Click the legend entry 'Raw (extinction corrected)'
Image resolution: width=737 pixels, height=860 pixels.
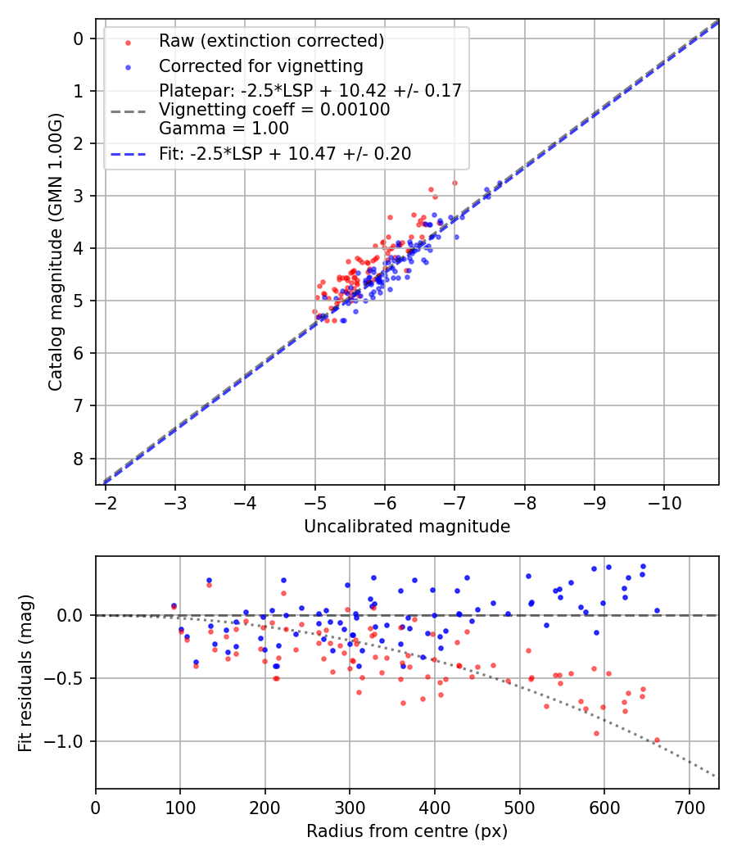(x=271, y=41)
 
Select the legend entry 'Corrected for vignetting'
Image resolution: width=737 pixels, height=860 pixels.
(x=260, y=66)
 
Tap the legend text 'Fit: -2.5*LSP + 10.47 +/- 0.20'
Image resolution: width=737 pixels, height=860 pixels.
(x=285, y=153)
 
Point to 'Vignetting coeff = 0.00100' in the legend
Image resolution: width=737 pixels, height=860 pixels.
(x=274, y=109)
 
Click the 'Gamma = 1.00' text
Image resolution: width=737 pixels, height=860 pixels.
(x=224, y=128)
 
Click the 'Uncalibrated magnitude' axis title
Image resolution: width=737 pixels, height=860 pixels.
(x=407, y=527)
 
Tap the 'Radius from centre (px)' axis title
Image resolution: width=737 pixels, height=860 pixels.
(x=407, y=831)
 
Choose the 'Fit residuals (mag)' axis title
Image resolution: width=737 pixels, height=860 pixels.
(x=25, y=672)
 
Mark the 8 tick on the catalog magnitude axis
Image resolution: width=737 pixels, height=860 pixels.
(x=78, y=458)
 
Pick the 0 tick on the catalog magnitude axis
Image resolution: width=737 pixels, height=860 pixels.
(x=78, y=38)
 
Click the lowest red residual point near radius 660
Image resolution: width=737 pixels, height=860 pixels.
(x=656, y=740)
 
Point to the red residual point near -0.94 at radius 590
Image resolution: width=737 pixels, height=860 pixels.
(x=596, y=733)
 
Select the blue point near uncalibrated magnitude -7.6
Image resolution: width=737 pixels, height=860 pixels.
(x=500, y=183)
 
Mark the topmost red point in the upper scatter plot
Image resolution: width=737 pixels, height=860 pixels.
(x=454, y=183)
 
